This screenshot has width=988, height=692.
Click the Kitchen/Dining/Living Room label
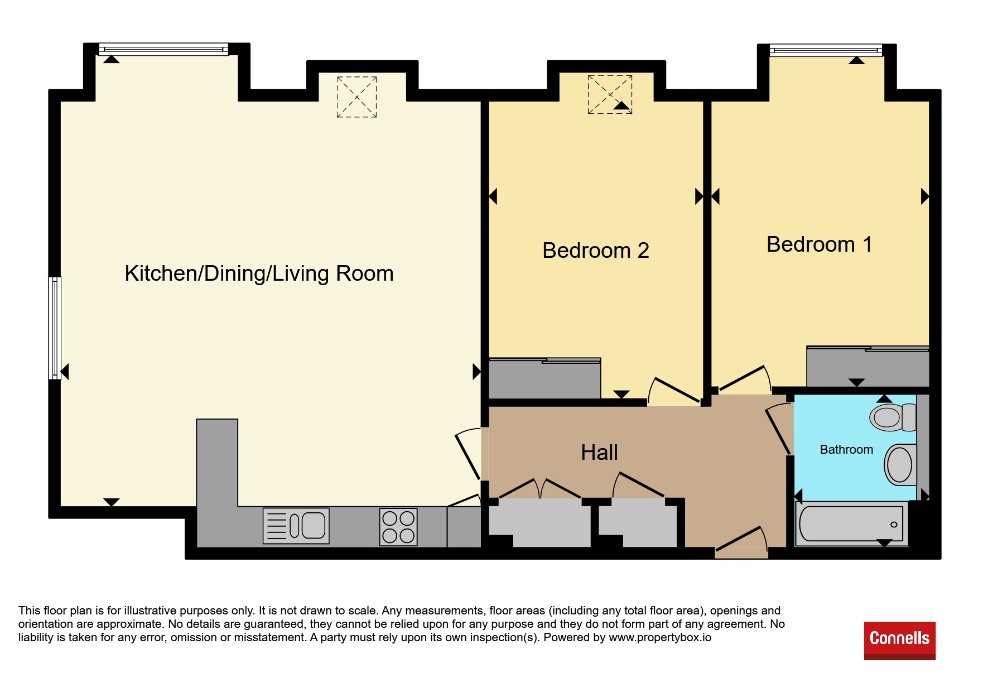(259, 273)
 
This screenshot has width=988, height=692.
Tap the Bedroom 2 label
(596, 251)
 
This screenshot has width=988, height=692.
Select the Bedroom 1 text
(819, 244)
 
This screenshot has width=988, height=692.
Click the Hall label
(599, 452)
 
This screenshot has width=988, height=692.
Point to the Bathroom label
(846, 450)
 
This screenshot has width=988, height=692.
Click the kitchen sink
(296, 526)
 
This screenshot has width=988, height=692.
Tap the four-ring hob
(398, 527)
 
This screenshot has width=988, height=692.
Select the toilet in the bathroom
(893, 417)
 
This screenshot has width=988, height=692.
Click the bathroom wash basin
(900, 464)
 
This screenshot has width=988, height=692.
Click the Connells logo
(900, 641)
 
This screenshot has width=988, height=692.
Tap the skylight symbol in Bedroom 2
(610, 94)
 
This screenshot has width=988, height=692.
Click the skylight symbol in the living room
(357, 97)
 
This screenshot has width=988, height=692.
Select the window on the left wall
(55, 328)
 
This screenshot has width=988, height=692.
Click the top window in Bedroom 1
(826, 51)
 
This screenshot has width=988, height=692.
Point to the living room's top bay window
(163, 49)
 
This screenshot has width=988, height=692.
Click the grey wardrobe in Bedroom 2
(544, 378)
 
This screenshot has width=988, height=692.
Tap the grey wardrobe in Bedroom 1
(867, 366)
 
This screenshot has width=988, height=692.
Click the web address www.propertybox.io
(660, 637)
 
